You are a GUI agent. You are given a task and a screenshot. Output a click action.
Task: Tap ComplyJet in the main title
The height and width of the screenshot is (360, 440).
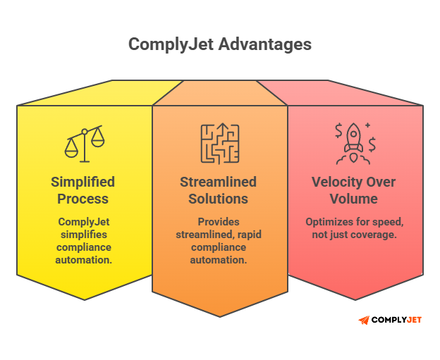coord(172,44)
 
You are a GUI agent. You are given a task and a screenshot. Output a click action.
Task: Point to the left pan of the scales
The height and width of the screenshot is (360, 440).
coord(72,150)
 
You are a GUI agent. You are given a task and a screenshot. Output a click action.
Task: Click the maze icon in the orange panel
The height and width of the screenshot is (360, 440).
coord(219,144)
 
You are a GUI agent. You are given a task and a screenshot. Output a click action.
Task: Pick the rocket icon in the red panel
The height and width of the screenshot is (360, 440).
coord(354,139)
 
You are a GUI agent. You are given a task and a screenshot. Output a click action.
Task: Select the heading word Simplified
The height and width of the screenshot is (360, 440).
coord(82,182)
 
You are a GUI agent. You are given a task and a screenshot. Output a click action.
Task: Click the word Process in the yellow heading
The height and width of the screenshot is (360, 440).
coord(82,199)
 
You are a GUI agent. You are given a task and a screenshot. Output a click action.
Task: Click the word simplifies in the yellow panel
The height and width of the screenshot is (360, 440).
coord(82,235)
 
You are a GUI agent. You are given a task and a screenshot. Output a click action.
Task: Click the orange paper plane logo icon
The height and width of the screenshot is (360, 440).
coord(363,320)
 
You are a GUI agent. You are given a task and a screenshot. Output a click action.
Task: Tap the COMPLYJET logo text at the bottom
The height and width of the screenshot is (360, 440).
coord(396,320)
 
